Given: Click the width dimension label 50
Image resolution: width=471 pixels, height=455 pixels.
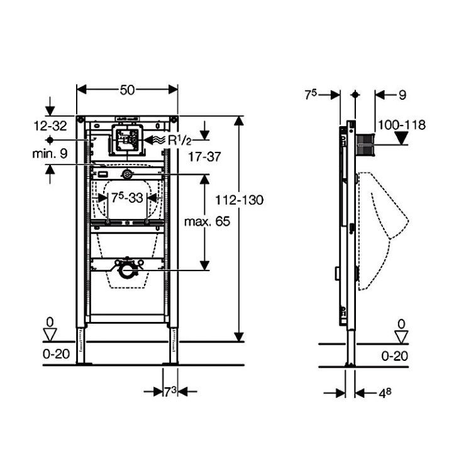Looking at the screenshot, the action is click(x=128, y=90).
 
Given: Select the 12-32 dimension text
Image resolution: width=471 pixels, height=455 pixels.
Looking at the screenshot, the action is click(x=50, y=126).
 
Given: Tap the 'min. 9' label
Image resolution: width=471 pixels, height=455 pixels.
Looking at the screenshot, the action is click(x=50, y=154).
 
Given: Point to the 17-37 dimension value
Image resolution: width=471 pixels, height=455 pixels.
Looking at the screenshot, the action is click(x=204, y=157).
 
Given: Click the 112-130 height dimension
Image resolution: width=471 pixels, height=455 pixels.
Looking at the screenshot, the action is click(x=240, y=200).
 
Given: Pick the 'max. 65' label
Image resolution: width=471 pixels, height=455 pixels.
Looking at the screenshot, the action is click(x=207, y=222).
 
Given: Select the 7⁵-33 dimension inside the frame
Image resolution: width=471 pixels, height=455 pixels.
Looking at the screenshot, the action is click(x=127, y=198).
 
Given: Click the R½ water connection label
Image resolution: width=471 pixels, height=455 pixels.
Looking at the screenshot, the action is click(x=180, y=141).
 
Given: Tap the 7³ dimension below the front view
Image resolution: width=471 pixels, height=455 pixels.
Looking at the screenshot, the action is click(x=170, y=392).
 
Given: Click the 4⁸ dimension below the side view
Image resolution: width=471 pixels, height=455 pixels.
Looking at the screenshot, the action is click(x=385, y=393).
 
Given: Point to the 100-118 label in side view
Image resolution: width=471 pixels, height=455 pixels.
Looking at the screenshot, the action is click(x=402, y=125).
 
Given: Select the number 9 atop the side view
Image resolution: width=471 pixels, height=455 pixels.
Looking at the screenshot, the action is click(x=402, y=95).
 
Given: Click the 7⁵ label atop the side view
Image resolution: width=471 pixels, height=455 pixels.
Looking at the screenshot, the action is click(x=311, y=95).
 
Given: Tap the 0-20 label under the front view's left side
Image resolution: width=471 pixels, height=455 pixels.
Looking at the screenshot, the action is click(x=56, y=354).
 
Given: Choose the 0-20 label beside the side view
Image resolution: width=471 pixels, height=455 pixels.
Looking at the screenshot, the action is click(x=395, y=356).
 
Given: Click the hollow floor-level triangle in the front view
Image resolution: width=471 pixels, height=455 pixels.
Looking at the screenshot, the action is click(x=50, y=335).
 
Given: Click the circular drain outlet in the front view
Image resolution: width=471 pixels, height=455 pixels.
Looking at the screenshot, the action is click(x=127, y=270).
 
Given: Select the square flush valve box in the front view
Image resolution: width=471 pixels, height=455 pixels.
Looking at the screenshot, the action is click(x=128, y=140).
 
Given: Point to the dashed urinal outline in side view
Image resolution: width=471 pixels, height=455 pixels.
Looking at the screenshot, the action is click(x=384, y=231).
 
